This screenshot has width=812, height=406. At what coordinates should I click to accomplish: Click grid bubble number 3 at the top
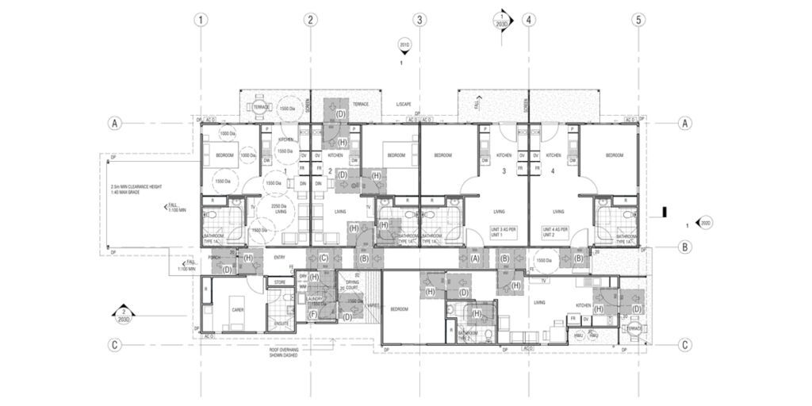(419, 20)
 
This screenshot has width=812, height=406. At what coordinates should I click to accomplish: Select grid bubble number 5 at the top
(638, 20)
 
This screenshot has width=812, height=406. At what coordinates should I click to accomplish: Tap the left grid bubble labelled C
(116, 344)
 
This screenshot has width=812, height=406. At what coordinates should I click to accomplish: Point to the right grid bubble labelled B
(685, 247)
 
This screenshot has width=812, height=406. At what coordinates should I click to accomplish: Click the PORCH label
(213, 257)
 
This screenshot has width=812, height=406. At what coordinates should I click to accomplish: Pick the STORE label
(279, 282)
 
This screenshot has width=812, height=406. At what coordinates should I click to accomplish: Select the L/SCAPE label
(404, 105)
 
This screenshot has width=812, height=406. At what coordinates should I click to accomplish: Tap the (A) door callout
(476, 258)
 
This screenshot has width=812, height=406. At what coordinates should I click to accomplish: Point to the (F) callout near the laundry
(313, 315)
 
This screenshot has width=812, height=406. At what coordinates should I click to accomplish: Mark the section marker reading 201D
(403, 46)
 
